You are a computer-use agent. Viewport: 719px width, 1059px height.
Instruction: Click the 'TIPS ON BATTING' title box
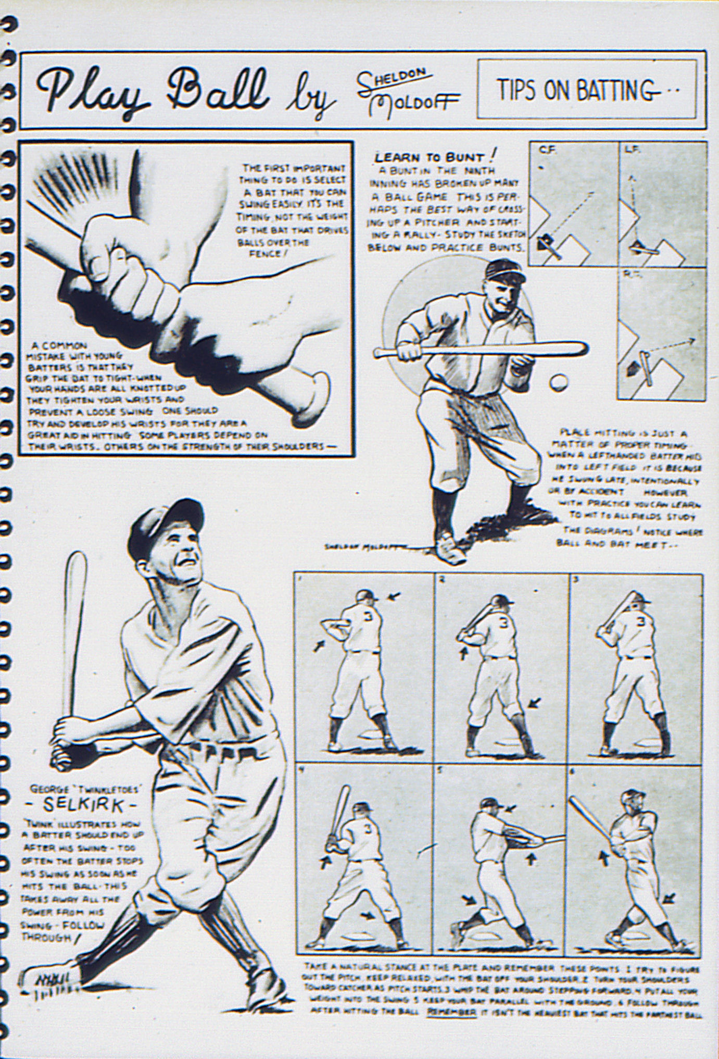(x=586, y=90)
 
